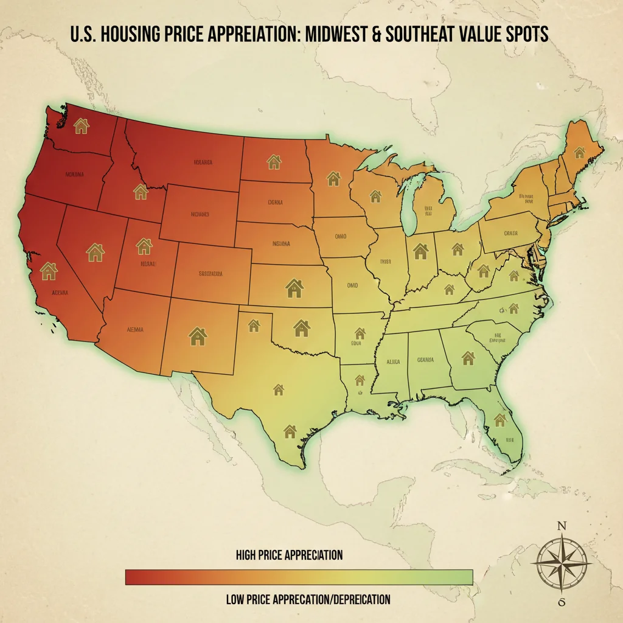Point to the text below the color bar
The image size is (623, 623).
click(307, 599)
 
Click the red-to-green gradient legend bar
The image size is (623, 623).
click(299, 577)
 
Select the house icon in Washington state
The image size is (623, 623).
click(81, 126)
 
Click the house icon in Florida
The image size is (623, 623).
click(500, 420)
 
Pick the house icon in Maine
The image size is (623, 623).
click(579, 152)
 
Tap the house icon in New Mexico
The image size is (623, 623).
click(198, 336)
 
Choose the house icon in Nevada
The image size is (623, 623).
click(95, 251)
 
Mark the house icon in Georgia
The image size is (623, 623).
click(468, 357)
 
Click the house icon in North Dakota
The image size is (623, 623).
click(274, 162)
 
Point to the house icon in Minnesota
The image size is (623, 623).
click(333, 178)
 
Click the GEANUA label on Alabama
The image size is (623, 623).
click(425, 360)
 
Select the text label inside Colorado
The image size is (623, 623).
click(211, 274)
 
